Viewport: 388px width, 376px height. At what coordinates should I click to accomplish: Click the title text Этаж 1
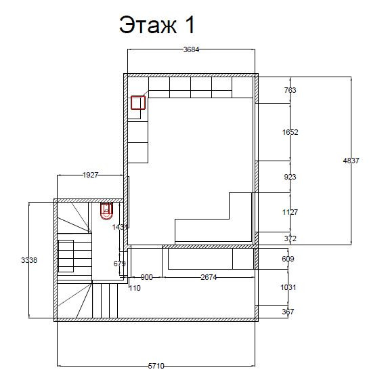click(x=157, y=24)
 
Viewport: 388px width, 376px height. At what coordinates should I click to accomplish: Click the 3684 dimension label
click(x=191, y=49)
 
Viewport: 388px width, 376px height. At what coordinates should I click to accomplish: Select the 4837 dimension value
click(x=351, y=161)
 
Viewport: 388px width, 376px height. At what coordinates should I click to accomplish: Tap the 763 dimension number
click(x=290, y=90)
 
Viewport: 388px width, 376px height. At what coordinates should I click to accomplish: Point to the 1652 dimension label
click(x=290, y=132)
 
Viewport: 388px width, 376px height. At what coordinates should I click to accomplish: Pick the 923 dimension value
click(x=290, y=177)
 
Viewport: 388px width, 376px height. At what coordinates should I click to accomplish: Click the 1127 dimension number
click(x=290, y=212)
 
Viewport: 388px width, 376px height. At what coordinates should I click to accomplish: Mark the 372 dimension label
click(x=290, y=238)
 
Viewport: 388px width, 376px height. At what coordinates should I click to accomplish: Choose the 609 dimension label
click(x=288, y=259)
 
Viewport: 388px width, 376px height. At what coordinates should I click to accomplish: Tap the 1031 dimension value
click(x=288, y=287)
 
